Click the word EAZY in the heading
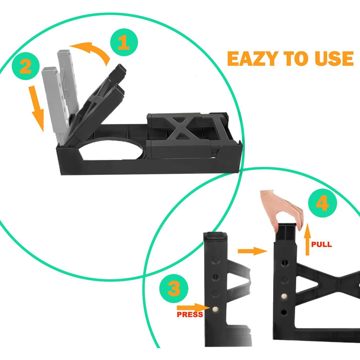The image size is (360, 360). pyautogui.click(x=253, y=59)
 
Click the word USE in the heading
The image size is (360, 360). pyautogui.click(x=334, y=59)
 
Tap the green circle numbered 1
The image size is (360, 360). pyautogui.click(x=124, y=42)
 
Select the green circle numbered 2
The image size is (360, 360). pyautogui.click(x=26, y=66)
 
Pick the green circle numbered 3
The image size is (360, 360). pyautogui.click(x=174, y=289)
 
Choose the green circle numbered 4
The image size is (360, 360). pyautogui.click(x=322, y=203)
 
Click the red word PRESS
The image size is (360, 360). pyautogui.click(x=190, y=315)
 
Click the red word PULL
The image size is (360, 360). pyautogui.click(x=321, y=244)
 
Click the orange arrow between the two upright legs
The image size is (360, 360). pyautogui.click(x=253, y=251)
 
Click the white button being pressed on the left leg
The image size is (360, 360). pyautogui.click(x=215, y=309)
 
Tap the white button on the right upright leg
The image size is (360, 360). pyautogui.click(x=284, y=296)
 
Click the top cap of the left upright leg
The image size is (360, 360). pyautogui.click(x=215, y=237)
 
